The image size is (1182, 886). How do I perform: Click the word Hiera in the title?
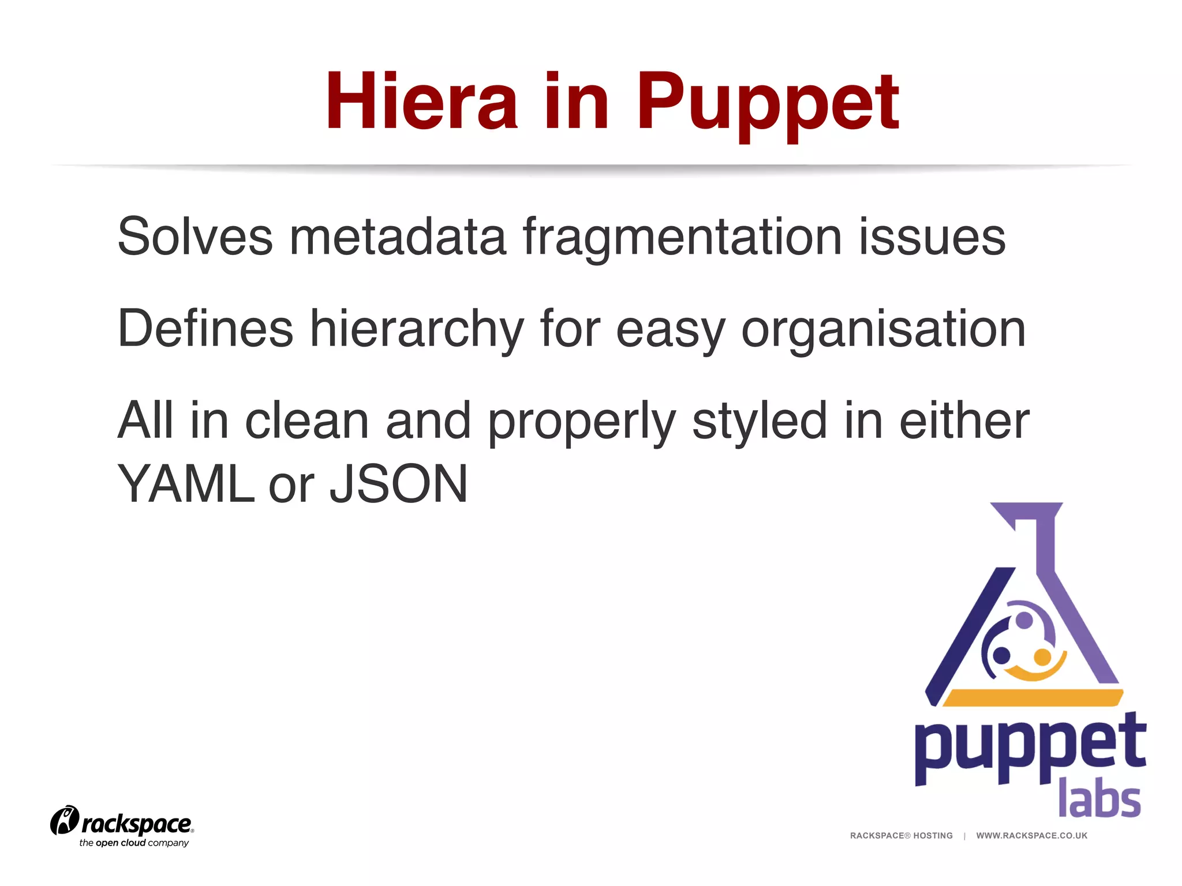(421, 101)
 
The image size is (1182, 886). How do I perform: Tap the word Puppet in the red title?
(767, 104)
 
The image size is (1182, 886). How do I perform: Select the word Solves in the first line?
(194, 236)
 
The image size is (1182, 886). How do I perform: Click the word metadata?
(398, 236)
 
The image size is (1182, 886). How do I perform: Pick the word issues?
(932, 237)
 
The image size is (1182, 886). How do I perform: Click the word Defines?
(205, 328)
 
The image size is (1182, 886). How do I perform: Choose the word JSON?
(398, 484)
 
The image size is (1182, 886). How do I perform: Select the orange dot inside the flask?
(1042, 656)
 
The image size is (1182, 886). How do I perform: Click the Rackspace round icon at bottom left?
(64, 820)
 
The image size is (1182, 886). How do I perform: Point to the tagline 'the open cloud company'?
(134, 843)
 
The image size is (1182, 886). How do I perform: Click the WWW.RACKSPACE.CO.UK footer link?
(1031, 835)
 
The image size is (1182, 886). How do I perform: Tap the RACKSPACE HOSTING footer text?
(901, 835)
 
